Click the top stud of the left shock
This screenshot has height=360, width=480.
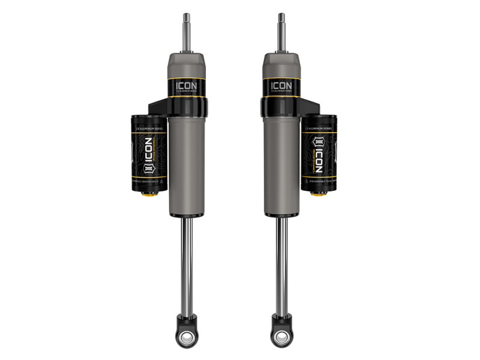187,32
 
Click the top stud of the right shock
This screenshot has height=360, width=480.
281,32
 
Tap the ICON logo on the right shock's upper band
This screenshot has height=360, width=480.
280,86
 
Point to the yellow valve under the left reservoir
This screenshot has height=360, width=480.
148,193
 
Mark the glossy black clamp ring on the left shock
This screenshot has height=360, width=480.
187,108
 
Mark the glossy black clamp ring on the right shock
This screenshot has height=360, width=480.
280,108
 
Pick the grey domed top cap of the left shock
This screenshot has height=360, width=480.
187,62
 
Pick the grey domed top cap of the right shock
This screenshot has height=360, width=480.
280,62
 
